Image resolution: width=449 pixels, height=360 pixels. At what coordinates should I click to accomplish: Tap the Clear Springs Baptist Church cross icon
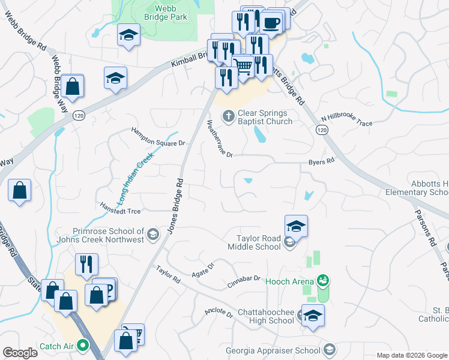[229, 116]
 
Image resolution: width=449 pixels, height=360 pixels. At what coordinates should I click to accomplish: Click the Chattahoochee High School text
[266, 316]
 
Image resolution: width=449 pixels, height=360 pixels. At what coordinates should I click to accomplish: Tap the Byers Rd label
[321, 162]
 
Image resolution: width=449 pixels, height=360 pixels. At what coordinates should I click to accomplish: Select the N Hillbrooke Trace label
[346, 121]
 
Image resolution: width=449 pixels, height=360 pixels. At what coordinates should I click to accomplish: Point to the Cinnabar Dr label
[244, 279]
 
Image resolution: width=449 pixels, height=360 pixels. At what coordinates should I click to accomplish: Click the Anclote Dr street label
[218, 312]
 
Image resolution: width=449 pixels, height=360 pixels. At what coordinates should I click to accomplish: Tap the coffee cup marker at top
[271, 22]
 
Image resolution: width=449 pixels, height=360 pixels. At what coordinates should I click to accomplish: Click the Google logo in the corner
[20, 353]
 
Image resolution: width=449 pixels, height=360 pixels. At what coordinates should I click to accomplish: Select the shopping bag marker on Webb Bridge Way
[72, 86]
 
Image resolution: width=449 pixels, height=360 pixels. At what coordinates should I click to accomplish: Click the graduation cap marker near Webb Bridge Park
[128, 35]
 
